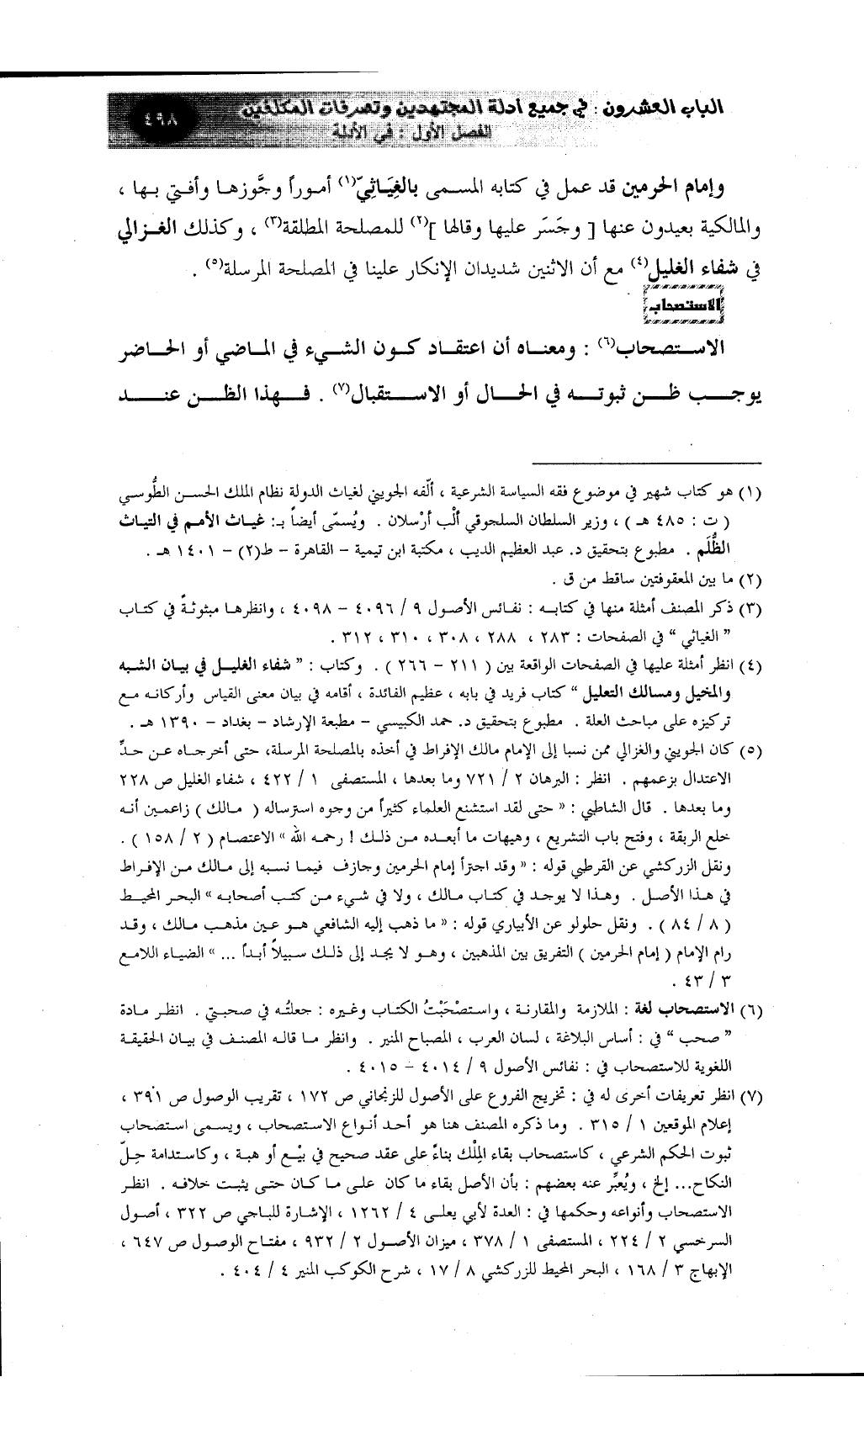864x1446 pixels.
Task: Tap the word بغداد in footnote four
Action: click(x=250, y=724)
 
